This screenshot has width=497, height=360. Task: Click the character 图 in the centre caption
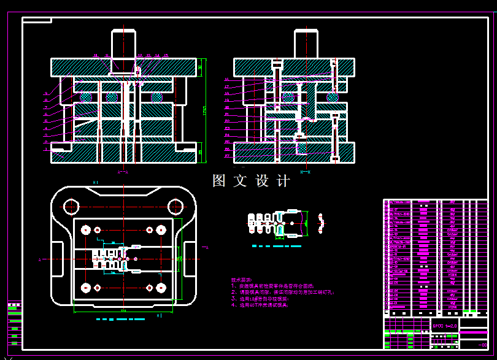pyautogui.click(x=219, y=181)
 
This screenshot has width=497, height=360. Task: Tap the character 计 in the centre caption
pyautogui.click(x=283, y=181)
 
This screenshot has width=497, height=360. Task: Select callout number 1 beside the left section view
pyautogui.click(x=45, y=149)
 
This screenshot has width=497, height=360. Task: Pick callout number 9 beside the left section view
pyautogui.click(x=45, y=93)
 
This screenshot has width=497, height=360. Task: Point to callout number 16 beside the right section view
pyautogui.click(x=226, y=80)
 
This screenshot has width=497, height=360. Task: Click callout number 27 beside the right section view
pyautogui.click(x=226, y=156)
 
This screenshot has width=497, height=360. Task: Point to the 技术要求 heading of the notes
pyautogui.click(x=241, y=279)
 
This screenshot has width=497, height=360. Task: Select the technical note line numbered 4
pyautogui.click(x=264, y=305)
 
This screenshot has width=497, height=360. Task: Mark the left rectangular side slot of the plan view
pyautogui.click(x=57, y=259)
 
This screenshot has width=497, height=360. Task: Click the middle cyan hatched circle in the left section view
pyautogui.click(x=112, y=97)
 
